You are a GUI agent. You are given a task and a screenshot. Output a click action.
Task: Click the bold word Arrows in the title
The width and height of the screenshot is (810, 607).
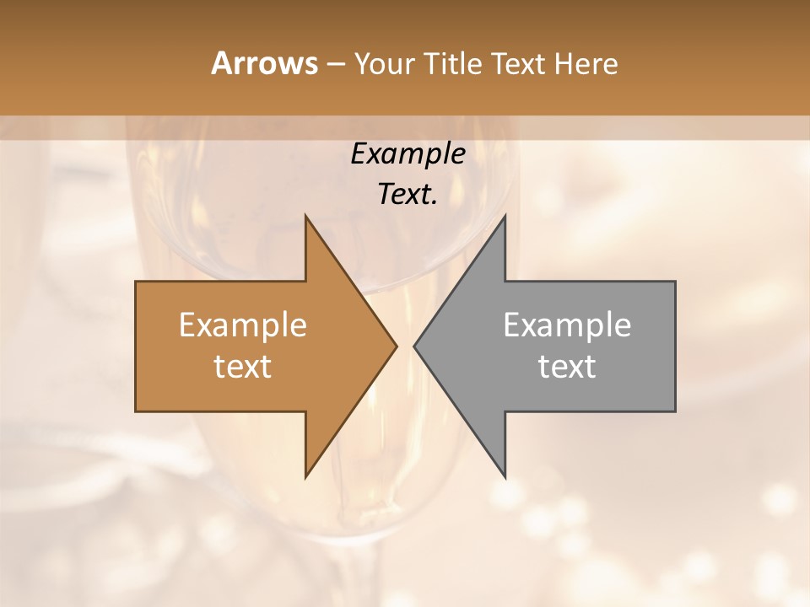coord(264,63)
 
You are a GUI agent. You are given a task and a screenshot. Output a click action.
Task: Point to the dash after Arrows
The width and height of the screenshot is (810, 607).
coord(335,64)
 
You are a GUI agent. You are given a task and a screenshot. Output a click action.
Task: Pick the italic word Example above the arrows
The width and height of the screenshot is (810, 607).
coord(408,154)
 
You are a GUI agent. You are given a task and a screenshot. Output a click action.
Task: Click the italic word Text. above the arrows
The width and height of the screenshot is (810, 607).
coord(408,195)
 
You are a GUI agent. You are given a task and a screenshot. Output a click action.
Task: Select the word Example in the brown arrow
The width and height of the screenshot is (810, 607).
coord(243,325)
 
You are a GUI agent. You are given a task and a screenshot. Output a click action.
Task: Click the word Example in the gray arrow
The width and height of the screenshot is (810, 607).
coord(567,325)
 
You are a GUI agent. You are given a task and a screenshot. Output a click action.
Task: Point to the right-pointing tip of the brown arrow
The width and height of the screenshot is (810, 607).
coord(397,346)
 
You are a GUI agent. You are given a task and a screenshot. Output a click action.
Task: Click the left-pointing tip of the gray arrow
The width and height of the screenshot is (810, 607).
coord(414,346)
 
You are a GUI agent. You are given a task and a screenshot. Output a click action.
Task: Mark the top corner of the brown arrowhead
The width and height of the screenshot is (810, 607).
coord(305,215)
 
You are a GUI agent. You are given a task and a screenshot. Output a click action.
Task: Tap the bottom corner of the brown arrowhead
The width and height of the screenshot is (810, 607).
coord(305,477)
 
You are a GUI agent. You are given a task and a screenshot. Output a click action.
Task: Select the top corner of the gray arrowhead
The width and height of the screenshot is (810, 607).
coord(505,215)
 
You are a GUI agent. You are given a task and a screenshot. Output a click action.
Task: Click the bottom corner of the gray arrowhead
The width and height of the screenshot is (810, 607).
coord(505,477)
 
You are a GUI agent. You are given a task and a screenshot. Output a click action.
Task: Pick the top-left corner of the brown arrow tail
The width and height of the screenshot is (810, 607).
coord(136,282)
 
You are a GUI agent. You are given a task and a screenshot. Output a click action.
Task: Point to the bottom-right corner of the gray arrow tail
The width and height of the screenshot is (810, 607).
coord(675,411)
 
